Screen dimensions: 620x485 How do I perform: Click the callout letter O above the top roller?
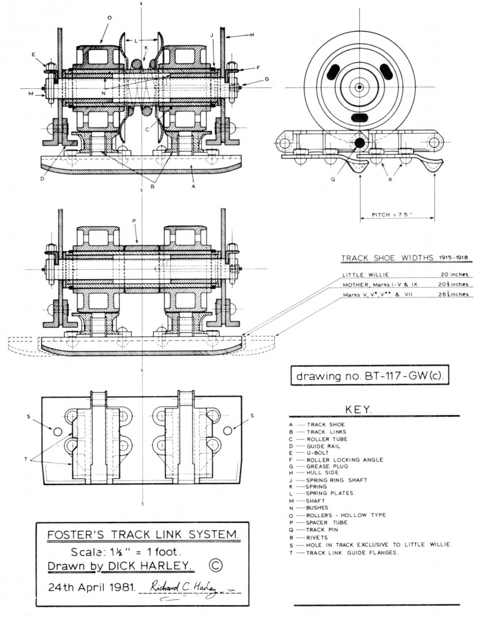(x=108, y=17)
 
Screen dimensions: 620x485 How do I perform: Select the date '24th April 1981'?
(x=91, y=587)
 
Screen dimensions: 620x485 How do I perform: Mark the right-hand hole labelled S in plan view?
(x=228, y=430)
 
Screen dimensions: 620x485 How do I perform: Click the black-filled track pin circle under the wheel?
(x=359, y=142)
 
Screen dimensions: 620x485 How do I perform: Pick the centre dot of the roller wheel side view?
(x=359, y=87)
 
